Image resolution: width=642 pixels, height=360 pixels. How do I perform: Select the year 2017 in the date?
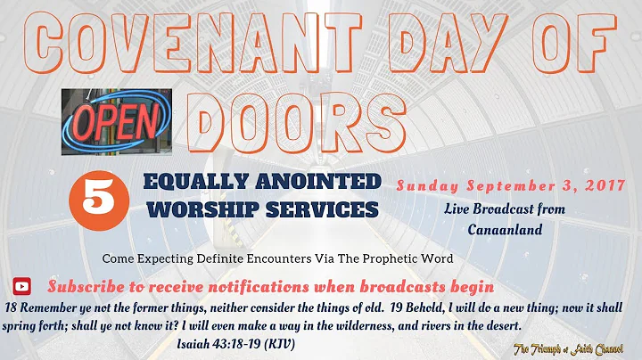[610, 187]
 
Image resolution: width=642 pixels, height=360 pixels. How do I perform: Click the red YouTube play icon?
[22, 286]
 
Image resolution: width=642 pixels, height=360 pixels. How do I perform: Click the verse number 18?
[12, 307]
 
